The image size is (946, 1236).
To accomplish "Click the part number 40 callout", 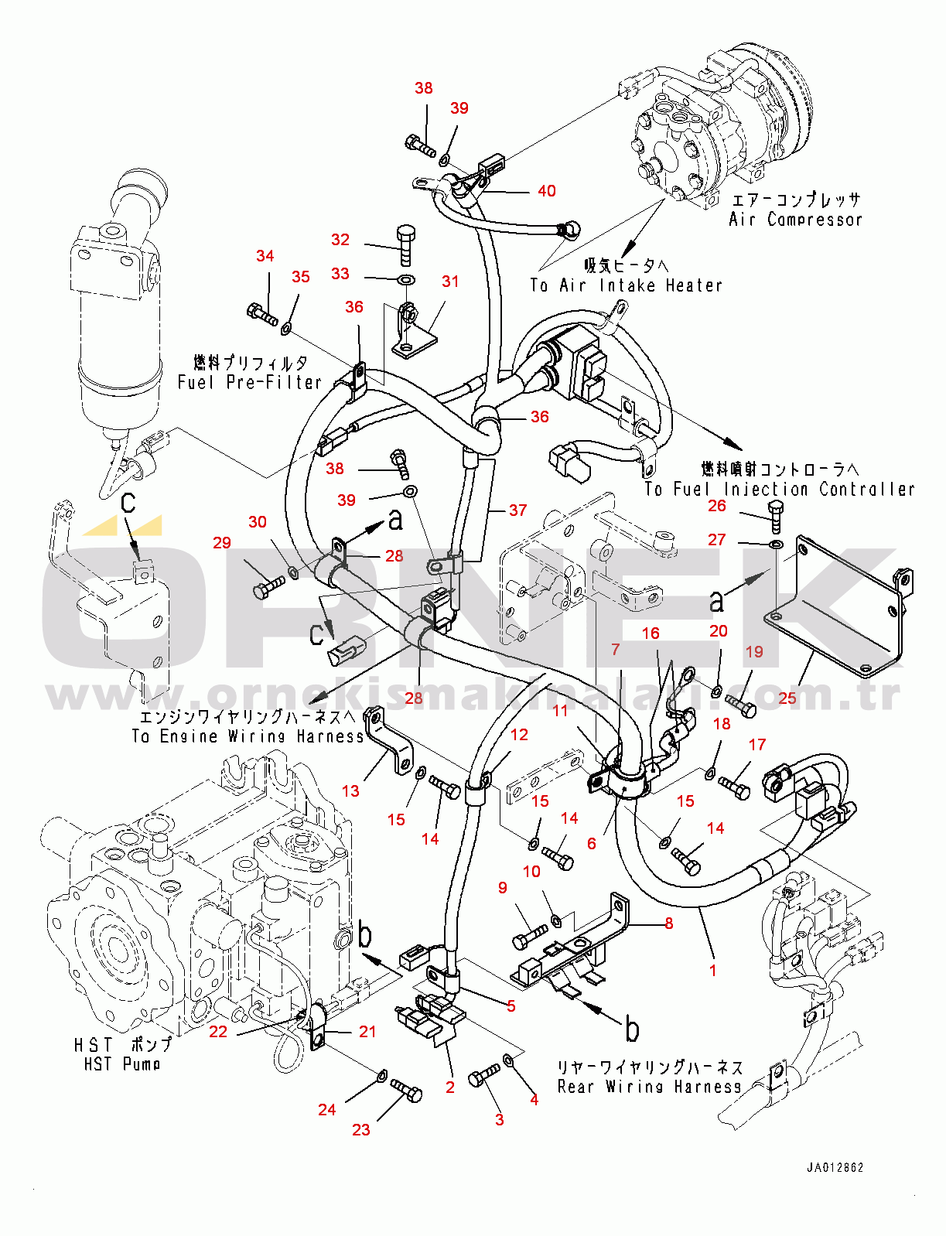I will (547, 191).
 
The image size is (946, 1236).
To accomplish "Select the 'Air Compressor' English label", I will (795, 220).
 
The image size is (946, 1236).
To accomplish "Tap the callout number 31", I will (450, 282).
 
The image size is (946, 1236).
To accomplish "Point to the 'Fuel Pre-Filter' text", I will (249, 382).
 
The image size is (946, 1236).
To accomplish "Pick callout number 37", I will (517, 510).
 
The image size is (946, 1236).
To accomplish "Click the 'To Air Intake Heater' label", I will (626, 285).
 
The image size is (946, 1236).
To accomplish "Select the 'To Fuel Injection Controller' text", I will (780, 490).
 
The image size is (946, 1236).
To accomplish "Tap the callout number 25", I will (787, 698).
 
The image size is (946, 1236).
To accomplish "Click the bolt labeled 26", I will (776, 515).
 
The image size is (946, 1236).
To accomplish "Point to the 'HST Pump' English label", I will (122, 1064).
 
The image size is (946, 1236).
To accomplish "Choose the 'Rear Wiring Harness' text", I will (649, 1087).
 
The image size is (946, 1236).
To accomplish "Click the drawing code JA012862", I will (835, 1168).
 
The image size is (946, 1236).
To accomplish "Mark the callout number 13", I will (350, 791).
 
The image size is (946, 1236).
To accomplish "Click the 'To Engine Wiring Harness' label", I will (247, 736).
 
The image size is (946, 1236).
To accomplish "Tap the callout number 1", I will (712, 970).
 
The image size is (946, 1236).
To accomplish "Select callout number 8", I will (668, 924).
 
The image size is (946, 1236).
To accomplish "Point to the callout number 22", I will (218, 1032).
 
